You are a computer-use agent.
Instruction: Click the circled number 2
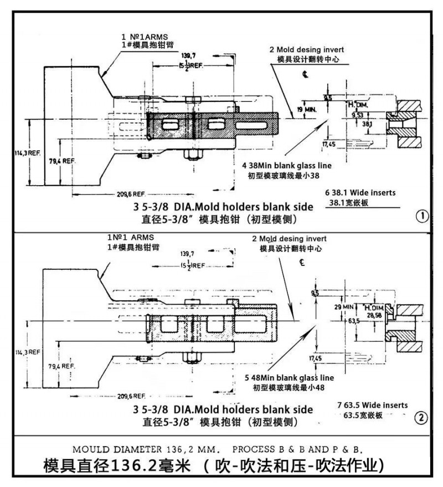click(423, 418)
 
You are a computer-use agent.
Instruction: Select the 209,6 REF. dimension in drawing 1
click(130, 194)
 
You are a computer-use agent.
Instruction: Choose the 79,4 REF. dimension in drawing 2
click(60, 366)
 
